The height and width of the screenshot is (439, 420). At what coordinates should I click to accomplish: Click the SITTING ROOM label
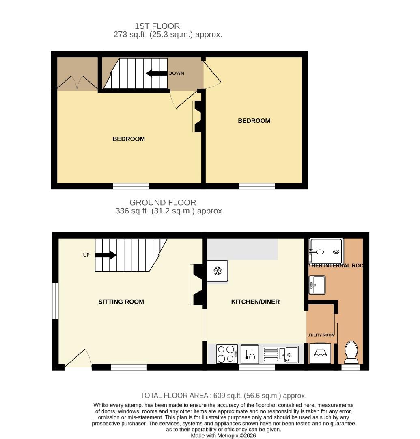click(121, 302)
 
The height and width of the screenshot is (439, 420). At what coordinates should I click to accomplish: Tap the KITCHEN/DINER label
click(255, 302)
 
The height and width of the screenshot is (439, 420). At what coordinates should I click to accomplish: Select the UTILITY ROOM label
click(321, 335)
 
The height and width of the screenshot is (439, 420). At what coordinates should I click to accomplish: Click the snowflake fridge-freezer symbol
click(218, 271)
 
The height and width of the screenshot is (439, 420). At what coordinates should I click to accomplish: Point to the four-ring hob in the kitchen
click(227, 354)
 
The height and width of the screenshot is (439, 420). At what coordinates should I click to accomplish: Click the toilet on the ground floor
click(351, 352)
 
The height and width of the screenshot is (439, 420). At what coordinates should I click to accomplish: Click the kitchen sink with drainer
click(281, 354)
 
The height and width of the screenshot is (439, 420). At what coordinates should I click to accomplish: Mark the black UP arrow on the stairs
click(106, 255)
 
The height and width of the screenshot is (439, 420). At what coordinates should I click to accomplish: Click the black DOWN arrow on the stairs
click(157, 74)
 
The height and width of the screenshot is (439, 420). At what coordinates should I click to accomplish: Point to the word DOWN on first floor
click(176, 74)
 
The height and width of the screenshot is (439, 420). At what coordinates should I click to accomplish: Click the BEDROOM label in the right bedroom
click(254, 121)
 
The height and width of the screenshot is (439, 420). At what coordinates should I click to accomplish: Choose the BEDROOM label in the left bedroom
click(128, 139)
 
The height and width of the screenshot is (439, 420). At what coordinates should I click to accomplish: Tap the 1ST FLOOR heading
click(157, 26)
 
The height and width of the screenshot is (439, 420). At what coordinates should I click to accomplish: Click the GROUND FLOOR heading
click(162, 202)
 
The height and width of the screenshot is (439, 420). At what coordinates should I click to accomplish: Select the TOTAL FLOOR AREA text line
click(223, 396)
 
